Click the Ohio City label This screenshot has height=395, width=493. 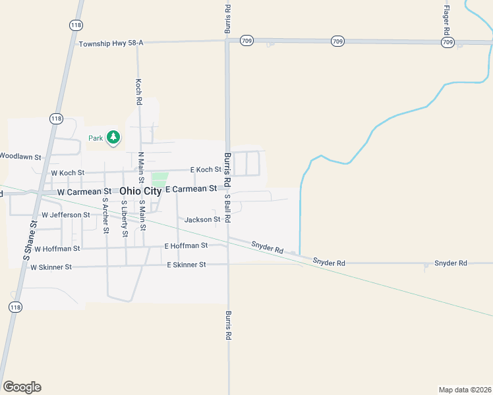140,191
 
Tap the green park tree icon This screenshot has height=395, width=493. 114,138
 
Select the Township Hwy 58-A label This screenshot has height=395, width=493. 111,43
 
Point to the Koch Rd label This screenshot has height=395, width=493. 138,93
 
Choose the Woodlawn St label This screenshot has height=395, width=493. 20,157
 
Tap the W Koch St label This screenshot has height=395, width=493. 68,173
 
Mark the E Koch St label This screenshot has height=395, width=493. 205,170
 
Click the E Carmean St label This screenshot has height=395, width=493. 190,189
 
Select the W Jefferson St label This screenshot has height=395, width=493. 65,215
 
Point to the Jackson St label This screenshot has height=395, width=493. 202,219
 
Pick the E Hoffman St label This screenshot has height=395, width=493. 186,246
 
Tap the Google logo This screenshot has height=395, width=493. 22,387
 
